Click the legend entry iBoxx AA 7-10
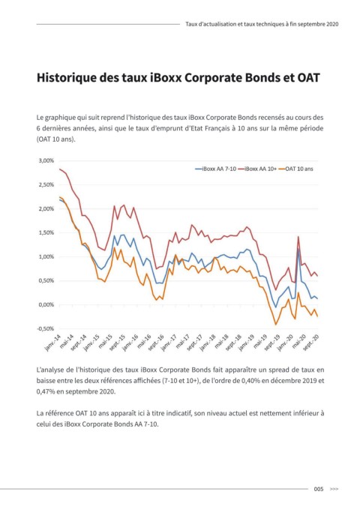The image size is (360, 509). pyautogui.click(x=216, y=169)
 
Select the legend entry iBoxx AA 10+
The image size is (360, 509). pyautogui.click(x=257, y=169)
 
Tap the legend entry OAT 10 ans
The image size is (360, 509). pyautogui.click(x=295, y=169)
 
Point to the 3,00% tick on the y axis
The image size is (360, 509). pyautogui.click(x=46, y=160)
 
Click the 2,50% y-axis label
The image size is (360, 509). pyautogui.click(x=46, y=184)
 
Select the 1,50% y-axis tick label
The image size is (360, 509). pyautogui.click(x=46, y=232)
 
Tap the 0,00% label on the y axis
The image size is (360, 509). pyautogui.click(x=46, y=305)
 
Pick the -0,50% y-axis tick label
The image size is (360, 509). pyautogui.click(x=45, y=329)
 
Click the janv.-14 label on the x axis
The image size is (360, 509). pyautogui.click(x=53, y=343)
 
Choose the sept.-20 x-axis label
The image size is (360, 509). pyautogui.click(x=310, y=343)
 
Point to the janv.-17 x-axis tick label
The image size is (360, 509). pyautogui.click(x=169, y=343)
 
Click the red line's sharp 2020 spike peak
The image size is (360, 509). pyautogui.click(x=298, y=237)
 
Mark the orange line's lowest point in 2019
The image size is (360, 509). pyautogui.click(x=276, y=325)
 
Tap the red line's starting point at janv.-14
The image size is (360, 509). pyautogui.click(x=59, y=169)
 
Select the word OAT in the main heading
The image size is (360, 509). pyautogui.click(x=308, y=78)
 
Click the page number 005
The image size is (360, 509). pyautogui.click(x=319, y=489)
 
